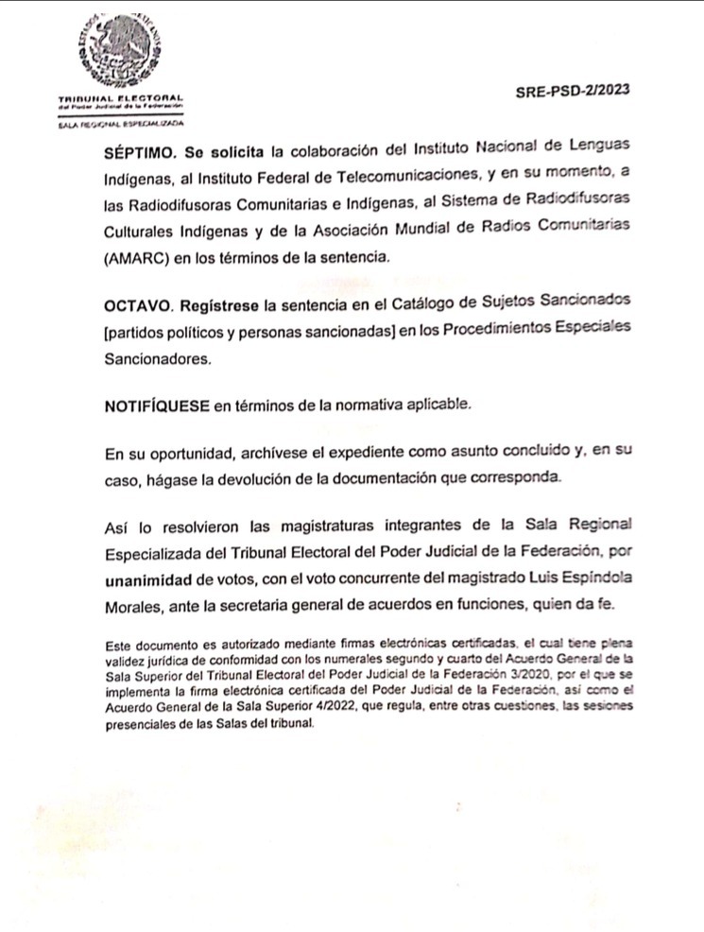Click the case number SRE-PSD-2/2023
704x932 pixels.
(573, 93)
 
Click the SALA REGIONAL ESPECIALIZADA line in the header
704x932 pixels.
(120, 123)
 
